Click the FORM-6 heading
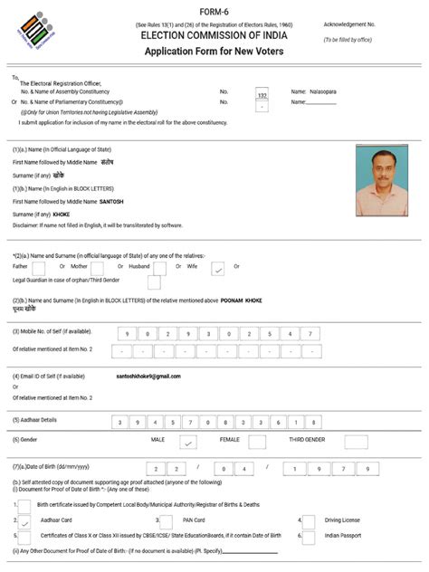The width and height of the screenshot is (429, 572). click(x=214, y=11)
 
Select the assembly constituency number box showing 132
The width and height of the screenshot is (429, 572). click(x=262, y=94)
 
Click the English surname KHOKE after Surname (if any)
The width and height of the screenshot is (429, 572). click(x=62, y=214)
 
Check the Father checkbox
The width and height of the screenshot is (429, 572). click(x=38, y=268)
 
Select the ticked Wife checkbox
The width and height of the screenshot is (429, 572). click(x=217, y=268)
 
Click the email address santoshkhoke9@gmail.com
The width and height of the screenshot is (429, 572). click(x=148, y=376)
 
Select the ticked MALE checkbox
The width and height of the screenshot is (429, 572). click(x=187, y=443)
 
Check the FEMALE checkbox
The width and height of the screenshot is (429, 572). click(x=257, y=443)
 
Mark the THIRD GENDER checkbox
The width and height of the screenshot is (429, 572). click(x=358, y=443)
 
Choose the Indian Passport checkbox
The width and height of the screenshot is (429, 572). click(x=309, y=537)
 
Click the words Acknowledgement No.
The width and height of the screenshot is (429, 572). click(x=350, y=24)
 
